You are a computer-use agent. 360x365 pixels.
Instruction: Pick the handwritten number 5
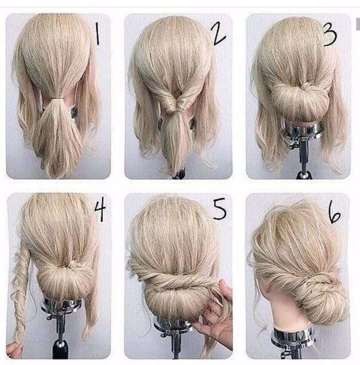(x=219, y=209)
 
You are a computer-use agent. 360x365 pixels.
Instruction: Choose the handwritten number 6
(x=334, y=214)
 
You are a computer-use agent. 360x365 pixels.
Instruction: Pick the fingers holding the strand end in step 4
(x=13, y=350)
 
